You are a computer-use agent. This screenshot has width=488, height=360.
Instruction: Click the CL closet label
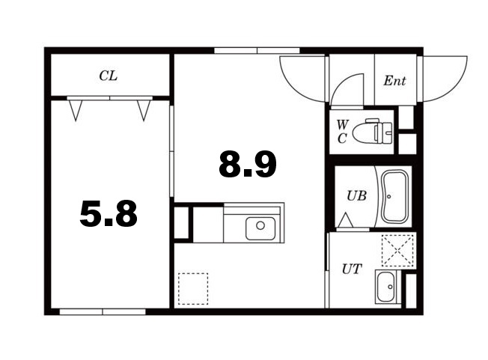click(x=109, y=76)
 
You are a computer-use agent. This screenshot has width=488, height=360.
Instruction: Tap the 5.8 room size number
click(x=109, y=213)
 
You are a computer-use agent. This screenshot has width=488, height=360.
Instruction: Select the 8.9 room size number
click(x=248, y=164)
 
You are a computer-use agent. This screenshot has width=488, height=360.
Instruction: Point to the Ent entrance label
click(x=394, y=81)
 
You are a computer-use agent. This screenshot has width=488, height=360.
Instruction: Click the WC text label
click(x=342, y=132)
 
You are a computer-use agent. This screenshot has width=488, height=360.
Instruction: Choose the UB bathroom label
click(x=357, y=195)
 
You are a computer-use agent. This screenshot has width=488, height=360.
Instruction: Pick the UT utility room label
click(x=352, y=269)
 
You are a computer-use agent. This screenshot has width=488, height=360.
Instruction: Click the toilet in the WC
click(x=373, y=132)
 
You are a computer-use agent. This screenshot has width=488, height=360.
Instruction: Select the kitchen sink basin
click(x=260, y=228)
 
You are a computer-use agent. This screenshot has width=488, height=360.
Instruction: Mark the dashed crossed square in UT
click(x=397, y=251)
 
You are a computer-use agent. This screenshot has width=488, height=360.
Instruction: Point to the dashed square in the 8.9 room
click(x=193, y=289)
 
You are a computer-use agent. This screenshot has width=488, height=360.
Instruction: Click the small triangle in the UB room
click(x=346, y=220)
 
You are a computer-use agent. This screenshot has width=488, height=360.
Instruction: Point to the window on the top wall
click(x=257, y=51)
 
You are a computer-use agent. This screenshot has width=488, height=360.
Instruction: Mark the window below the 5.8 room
click(x=103, y=312)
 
